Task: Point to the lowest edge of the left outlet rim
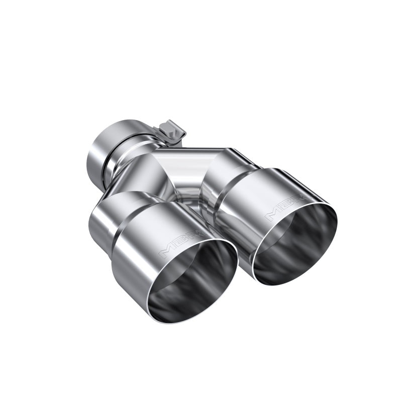click(x=173, y=322)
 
